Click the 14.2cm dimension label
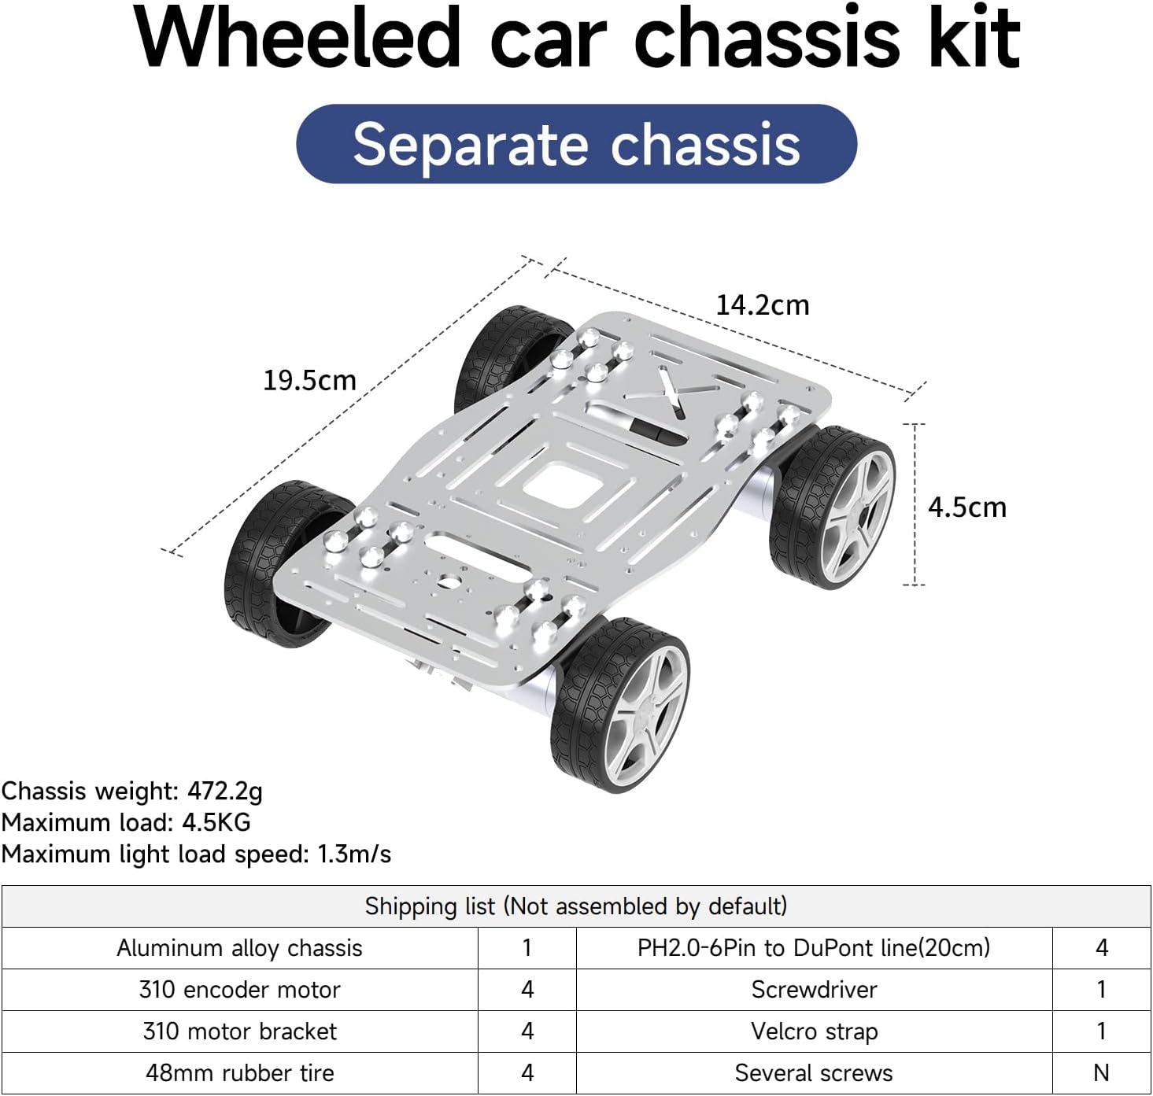click(x=762, y=305)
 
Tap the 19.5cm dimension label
click(x=309, y=381)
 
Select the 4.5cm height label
click(x=966, y=507)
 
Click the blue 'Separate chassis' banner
click(x=576, y=145)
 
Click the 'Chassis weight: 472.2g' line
click(x=132, y=791)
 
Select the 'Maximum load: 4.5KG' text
click(x=126, y=822)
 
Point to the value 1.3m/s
click(x=353, y=854)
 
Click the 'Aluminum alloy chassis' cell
click(x=239, y=948)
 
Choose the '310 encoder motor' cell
click(x=239, y=990)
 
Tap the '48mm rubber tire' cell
click(x=239, y=1073)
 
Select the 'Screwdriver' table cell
click(x=814, y=990)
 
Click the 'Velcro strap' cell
click(x=814, y=1031)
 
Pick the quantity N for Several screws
click(x=1101, y=1073)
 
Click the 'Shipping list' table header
click(x=576, y=906)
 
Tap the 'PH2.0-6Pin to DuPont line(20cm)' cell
click(x=814, y=948)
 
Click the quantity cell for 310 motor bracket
click(x=527, y=1031)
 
